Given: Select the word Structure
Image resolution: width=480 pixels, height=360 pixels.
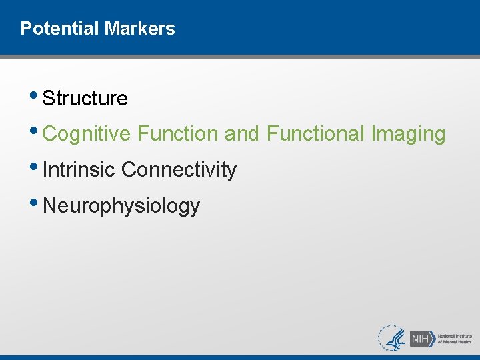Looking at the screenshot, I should click(x=85, y=99).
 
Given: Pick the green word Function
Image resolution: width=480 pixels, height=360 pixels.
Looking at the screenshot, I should click(x=178, y=134).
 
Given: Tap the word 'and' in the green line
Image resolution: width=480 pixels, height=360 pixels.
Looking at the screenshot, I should click(x=242, y=134).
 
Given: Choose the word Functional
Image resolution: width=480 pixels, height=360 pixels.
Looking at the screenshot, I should click(x=316, y=134).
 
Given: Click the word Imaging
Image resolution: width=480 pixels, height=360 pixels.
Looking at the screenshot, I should click(x=408, y=134).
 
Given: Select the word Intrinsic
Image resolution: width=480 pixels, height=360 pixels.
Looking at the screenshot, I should click(x=79, y=170).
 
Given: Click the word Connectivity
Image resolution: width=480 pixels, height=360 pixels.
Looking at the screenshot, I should click(x=179, y=170).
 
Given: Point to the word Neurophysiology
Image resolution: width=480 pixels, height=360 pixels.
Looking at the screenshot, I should click(x=121, y=206).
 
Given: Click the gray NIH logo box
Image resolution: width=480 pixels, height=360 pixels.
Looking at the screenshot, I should click(x=421, y=338).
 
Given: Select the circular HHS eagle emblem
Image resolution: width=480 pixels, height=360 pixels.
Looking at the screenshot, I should click(x=392, y=338).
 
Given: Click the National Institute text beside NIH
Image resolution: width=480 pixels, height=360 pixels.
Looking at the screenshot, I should click(x=455, y=335).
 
